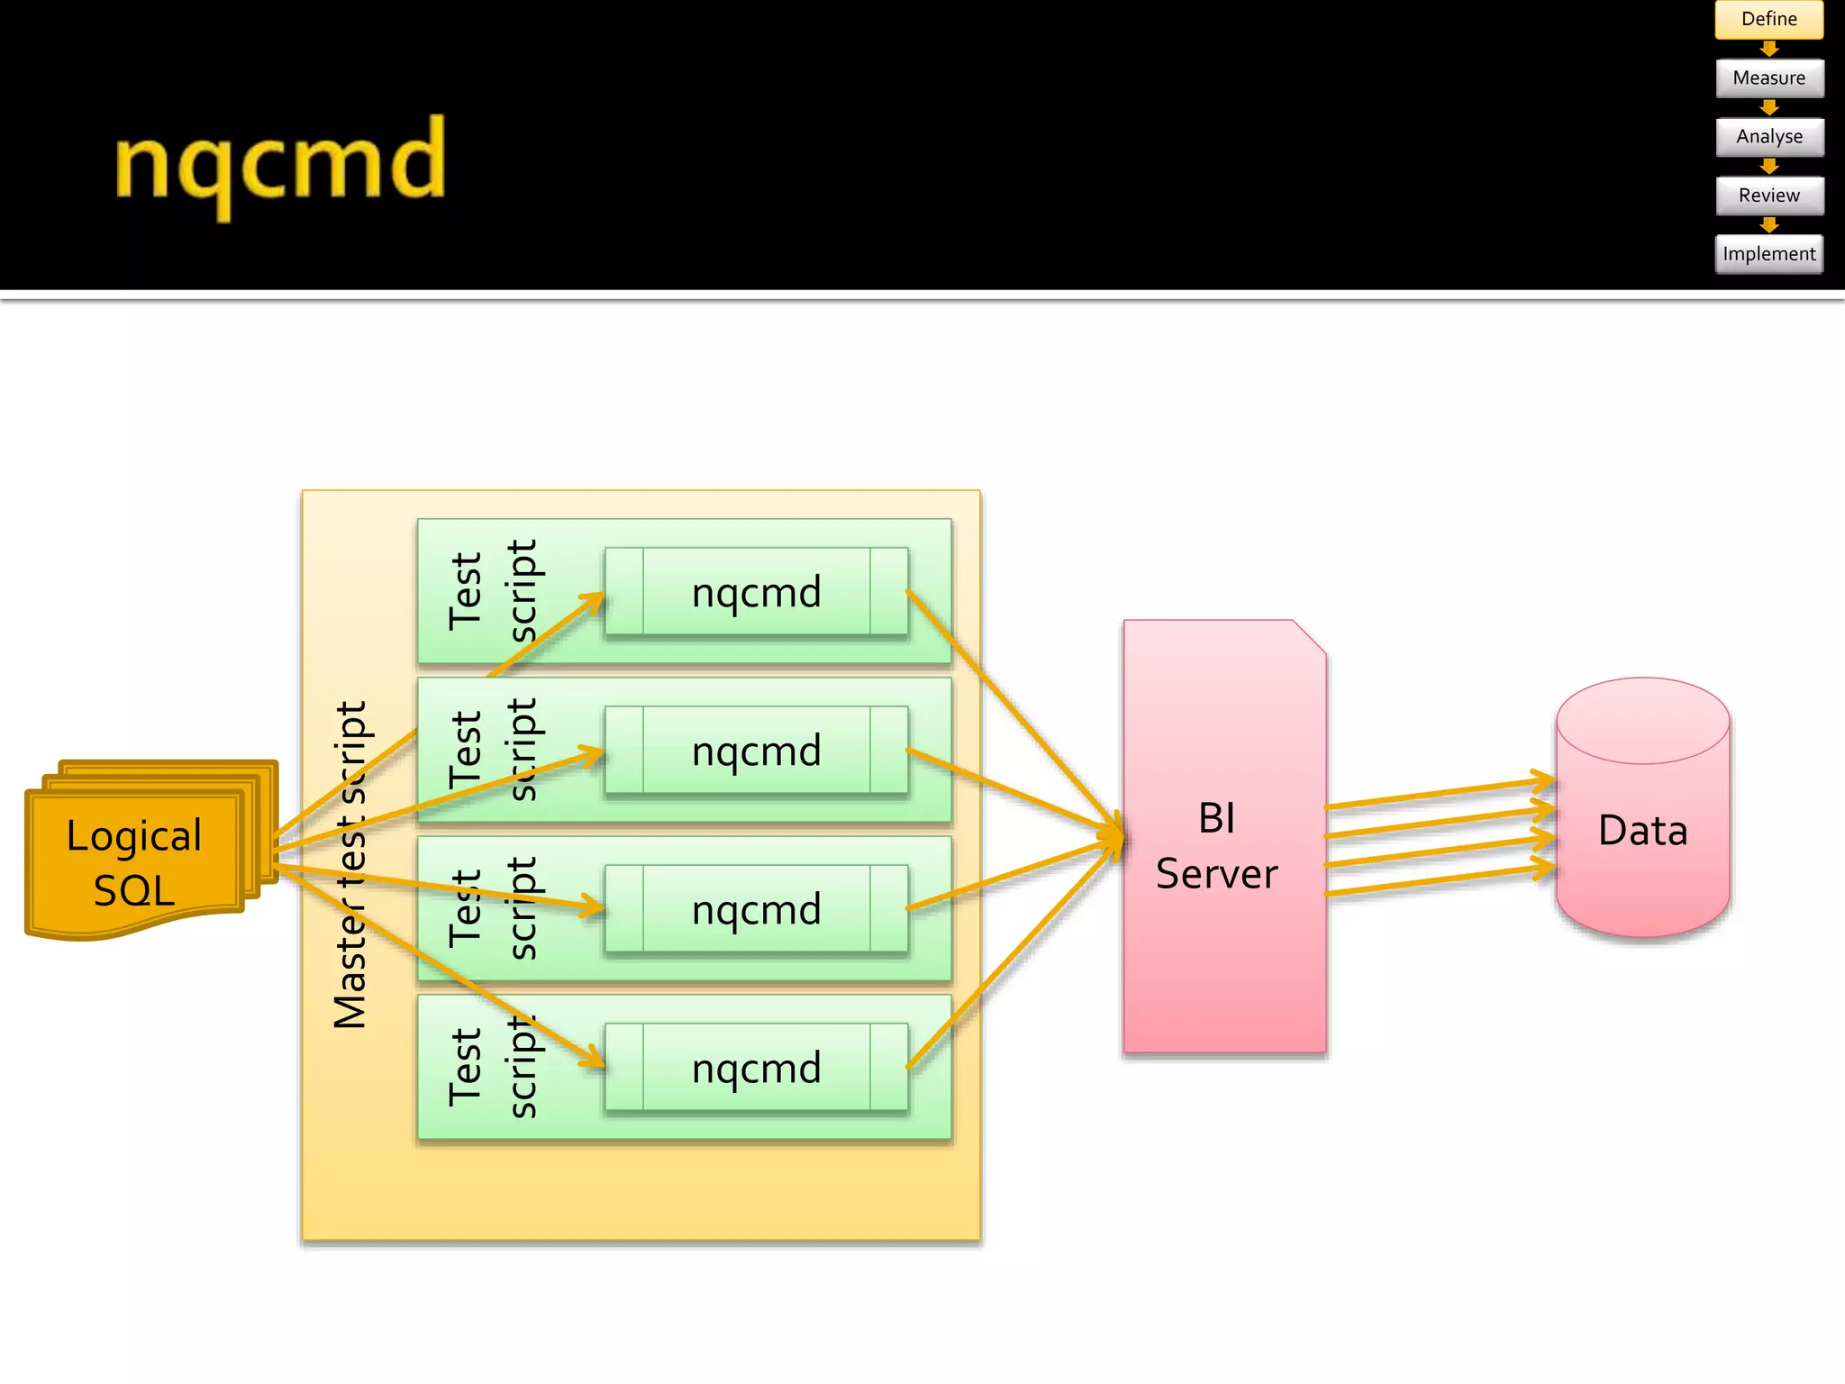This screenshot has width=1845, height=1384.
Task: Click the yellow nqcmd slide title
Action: click(280, 163)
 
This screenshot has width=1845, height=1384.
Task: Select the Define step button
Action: click(1768, 19)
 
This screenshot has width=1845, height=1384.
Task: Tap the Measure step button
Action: click(1768, 77)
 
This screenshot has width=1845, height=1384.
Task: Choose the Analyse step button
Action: click(1768, 137)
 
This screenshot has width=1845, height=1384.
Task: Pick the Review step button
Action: click(1768, 196)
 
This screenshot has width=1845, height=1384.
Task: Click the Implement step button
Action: click(1768, 254)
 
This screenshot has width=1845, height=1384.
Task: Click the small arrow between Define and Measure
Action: click(1769, 49)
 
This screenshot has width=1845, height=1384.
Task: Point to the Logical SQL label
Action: click(134, 862)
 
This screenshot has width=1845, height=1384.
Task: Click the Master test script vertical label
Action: click(350, 865)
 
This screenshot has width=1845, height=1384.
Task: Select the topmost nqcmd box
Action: click(756, 592)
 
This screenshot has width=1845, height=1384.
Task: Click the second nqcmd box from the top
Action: click(756, 751)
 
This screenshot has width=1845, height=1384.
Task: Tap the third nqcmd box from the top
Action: click(756, 909)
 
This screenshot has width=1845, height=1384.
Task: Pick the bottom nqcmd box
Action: click(756, 1068)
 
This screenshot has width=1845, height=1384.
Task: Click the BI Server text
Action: click(1216, 845)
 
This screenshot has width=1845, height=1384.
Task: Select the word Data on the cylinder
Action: click(1642, 830)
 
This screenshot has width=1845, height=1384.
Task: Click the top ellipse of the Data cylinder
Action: click(1642, 721)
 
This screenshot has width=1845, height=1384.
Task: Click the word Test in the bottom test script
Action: click(466, 1067)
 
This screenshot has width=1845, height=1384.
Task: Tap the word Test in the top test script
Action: click(466, 591)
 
